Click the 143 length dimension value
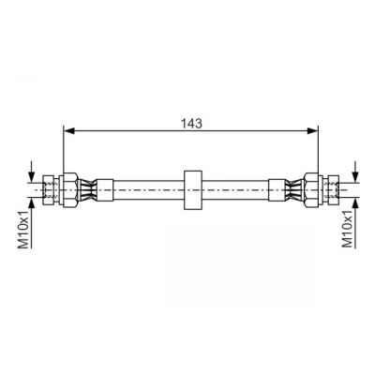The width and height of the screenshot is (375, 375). [x=191, y=124]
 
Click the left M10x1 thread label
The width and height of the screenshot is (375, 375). [x=25, y=229]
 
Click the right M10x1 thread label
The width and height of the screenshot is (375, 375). [x=349, y=229]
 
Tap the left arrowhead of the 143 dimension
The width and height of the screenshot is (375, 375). [x=68, y=131]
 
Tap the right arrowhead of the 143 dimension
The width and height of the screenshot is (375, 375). [x=312, y=131]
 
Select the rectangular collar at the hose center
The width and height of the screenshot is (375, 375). [x=192, y=190]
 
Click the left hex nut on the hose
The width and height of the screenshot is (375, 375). [x=69, y=189]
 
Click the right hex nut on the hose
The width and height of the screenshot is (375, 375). [x=311, y=189]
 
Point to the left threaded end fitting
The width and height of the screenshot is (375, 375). [x=50, y=189]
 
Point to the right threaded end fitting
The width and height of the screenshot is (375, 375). [x=331, y=189]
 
